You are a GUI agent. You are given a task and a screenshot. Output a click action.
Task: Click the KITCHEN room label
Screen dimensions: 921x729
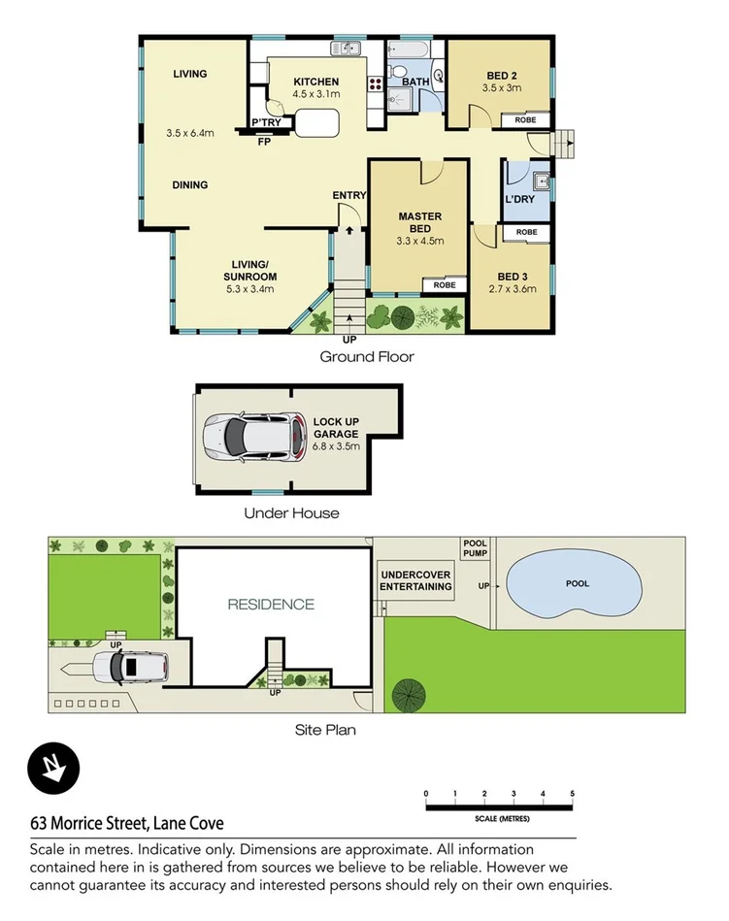[316, 82]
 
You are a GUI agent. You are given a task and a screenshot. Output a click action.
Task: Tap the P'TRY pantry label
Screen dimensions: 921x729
[266, 122]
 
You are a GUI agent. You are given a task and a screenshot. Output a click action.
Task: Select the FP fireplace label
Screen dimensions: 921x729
[263, 142]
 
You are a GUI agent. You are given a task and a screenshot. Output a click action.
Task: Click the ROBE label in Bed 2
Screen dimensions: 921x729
[525, 120]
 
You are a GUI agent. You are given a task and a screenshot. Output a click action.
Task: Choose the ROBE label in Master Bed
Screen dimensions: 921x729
[445, 285]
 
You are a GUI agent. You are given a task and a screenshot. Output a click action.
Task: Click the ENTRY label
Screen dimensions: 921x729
[349, 196]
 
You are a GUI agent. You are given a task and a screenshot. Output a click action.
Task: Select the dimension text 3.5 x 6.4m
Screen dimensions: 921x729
[189, 133]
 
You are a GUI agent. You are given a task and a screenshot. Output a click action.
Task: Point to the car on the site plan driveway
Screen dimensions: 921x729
[131, 667]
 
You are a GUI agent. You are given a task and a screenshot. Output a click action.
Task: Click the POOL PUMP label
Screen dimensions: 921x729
[475, 549]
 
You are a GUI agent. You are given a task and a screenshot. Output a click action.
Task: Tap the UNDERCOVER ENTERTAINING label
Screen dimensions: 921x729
[415, 580]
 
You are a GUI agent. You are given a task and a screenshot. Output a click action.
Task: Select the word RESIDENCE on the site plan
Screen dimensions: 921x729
[271, 605]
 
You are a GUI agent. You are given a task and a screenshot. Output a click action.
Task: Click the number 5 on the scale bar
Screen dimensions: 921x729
[573, 794]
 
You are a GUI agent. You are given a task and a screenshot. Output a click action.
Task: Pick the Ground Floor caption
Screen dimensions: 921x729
[367, 357]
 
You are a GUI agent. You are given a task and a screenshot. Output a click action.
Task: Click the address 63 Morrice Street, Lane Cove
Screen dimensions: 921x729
[127, 823]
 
